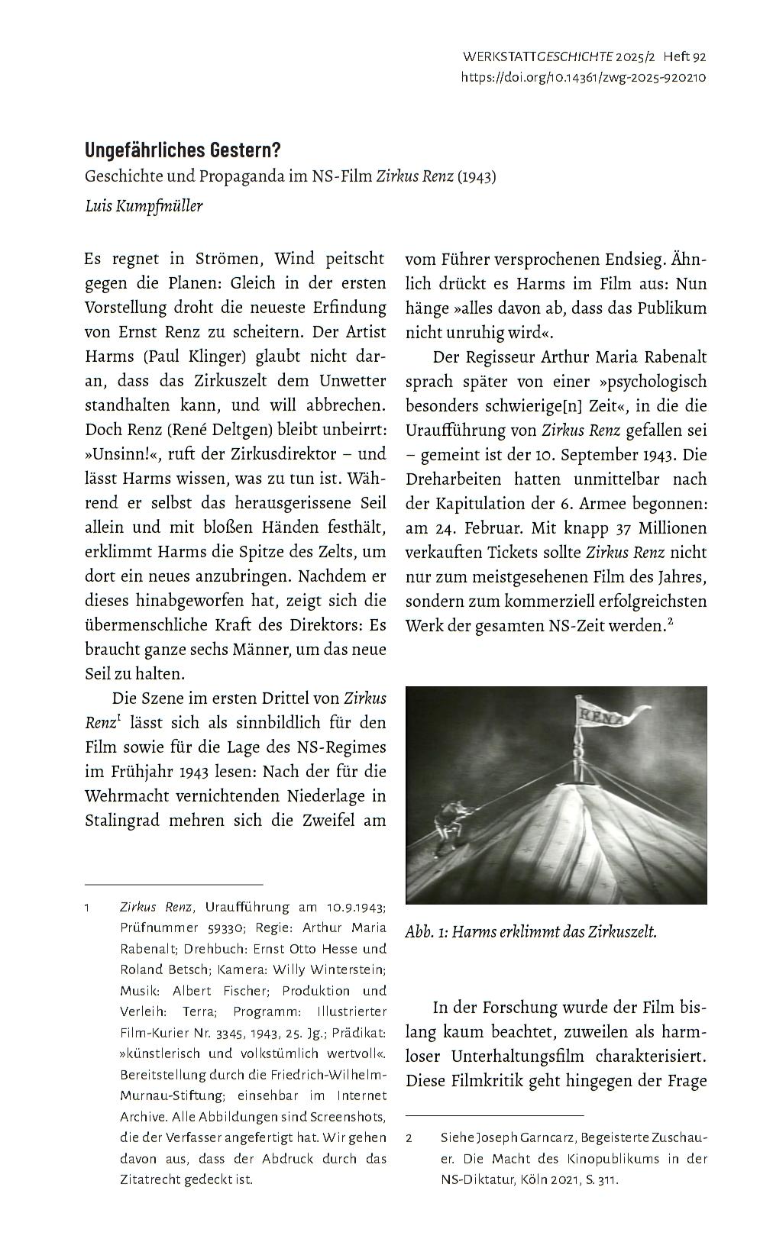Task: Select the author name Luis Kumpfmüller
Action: tap(144, 206)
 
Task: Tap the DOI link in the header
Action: tap(583, 77)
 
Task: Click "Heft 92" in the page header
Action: tap(684, 56)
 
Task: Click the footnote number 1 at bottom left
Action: tap(88, 908)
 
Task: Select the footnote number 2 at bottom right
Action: tap(409, 1137)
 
